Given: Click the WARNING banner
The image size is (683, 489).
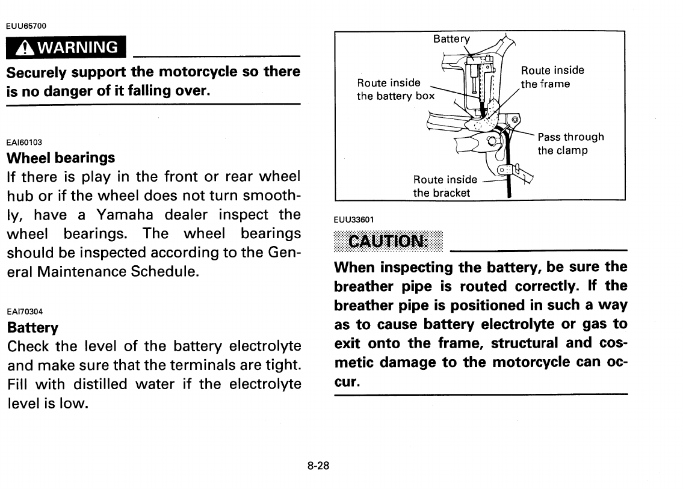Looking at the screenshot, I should (66, 47).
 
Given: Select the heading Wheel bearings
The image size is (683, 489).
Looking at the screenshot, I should (60, 158).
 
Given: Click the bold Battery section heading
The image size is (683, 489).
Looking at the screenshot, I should (32, 328).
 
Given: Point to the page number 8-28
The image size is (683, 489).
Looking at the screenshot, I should (318, 466).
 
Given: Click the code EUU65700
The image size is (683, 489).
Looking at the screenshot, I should (26, 26).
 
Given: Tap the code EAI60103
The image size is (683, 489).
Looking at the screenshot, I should (24, 142).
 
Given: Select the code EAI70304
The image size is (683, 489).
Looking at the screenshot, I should (24, 312).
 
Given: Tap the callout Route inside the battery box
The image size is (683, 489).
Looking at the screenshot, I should (395, 89).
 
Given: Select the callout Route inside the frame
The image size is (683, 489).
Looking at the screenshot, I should (552, 77).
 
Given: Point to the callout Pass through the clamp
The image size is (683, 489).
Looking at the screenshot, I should (570, 144).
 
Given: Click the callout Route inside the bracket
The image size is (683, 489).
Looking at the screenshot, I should (445, 186).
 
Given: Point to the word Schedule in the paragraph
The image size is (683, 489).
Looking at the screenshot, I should (164, 271).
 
